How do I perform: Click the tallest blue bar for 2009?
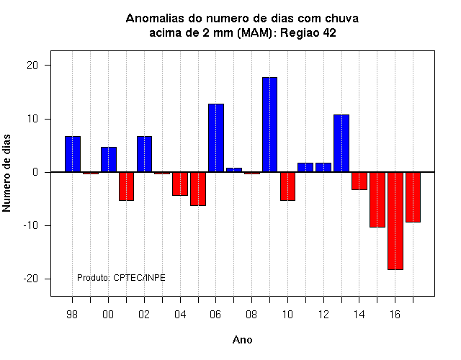269,125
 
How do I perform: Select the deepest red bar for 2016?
395,221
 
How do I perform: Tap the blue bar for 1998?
73,154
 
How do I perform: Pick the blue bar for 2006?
216,138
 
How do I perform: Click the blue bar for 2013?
341,143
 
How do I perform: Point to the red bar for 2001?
127,186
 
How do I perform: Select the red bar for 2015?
377,199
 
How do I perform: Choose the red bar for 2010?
287,186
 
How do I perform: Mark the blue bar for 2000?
109,159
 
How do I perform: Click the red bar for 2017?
413,197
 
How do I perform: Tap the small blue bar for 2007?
234,170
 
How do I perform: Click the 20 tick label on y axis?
32,66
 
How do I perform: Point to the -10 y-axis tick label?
31,225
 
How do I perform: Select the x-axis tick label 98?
72,315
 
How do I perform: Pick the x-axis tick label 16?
395,315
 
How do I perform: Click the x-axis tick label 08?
251,315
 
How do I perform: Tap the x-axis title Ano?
242,340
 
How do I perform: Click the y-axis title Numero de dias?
6,173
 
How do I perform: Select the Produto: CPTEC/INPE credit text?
121,278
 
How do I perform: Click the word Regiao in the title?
300,33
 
